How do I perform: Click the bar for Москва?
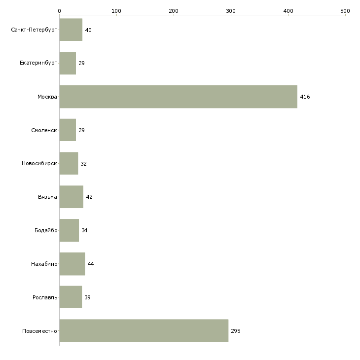tap(179, 97)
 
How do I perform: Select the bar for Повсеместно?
tap(144, 330)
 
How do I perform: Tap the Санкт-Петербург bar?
tap(71, 30)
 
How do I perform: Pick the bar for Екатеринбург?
tap(68, 63)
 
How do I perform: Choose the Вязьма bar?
tap(72, 197)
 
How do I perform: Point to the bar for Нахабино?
tap(72, 264)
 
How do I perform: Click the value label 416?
tap(305, 97)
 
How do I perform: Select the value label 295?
tap(236, 331)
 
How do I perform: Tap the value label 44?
tap(91, 264)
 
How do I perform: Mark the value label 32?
tap(83, 164)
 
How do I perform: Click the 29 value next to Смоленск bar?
tap(81, 130)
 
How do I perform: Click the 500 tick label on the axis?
tap(345, 11)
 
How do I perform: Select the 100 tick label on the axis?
tap(116, 11)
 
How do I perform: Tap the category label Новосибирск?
tap(39, 163)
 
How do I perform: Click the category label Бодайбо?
tap(46, 230)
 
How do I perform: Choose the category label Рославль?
tap(45, 297)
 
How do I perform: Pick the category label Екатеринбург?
tap(38, 63)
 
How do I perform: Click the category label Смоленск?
tap(44, 130)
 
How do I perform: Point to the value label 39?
tap(87, 297)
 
